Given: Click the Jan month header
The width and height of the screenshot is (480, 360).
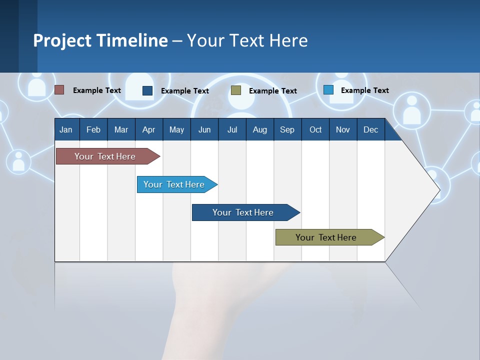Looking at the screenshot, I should (66, 129).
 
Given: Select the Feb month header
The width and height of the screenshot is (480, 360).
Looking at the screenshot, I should (93, 129).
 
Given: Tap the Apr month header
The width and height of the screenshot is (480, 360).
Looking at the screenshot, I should (149, 129).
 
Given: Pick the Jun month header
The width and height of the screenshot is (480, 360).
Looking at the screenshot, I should (204, 129).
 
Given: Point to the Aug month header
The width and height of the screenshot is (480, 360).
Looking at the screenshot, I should (260, 129).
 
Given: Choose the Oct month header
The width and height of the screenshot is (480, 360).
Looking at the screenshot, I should (315, 129).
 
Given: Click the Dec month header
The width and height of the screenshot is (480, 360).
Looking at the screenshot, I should (371, 129).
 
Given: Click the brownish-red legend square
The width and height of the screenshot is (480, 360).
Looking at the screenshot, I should (59, 90).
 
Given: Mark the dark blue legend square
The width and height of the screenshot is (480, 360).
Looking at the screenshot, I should (147, 90).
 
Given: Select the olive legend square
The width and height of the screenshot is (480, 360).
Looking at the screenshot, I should (236, 90).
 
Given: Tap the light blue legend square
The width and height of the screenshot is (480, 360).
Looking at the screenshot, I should (328, 90).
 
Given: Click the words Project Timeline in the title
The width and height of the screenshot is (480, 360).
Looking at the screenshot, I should (100, 40).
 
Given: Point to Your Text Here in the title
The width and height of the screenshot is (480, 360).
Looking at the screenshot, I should (247, 40).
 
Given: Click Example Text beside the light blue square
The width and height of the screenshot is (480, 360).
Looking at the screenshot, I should (364, 90).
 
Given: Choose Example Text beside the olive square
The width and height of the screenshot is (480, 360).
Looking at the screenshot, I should (272, 91).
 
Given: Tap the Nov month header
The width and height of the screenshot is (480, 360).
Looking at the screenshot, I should (343, 129).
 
